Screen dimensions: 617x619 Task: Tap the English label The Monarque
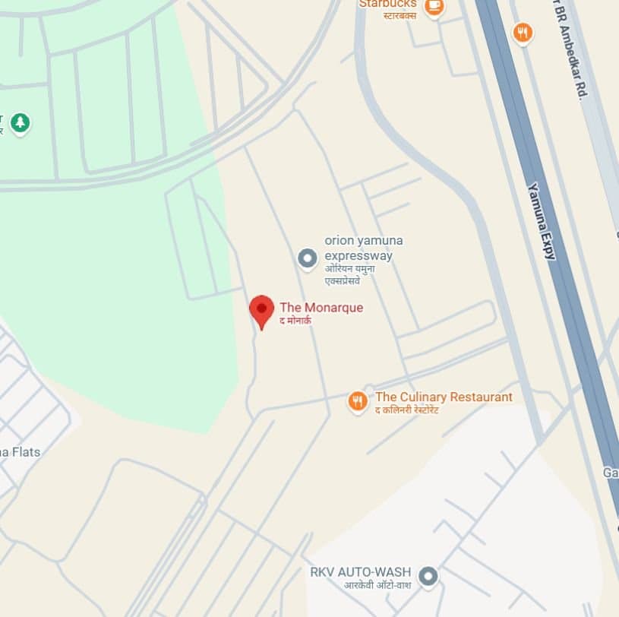321,308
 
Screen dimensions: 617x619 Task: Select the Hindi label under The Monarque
295,321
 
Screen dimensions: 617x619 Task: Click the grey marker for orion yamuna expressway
307,259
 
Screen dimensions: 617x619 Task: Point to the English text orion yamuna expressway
363,248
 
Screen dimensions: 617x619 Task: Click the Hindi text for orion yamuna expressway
356,275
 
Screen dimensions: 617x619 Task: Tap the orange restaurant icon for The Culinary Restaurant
358,401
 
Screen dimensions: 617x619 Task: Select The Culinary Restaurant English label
444,397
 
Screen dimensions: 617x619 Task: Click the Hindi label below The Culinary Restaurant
407,410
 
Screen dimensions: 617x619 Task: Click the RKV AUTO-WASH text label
360,571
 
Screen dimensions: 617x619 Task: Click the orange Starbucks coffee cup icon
434,6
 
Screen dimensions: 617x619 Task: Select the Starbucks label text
387,5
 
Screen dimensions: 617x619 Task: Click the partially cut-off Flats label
20,452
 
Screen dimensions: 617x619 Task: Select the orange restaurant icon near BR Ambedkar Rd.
523,33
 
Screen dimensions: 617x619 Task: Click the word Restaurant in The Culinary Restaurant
478,397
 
